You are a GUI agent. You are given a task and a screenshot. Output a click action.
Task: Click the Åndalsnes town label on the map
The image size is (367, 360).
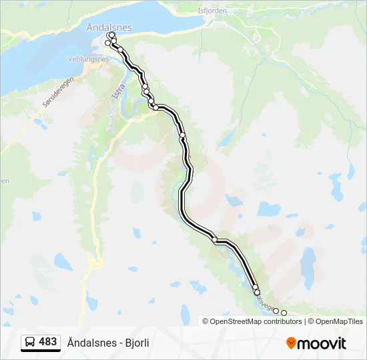(109, 27)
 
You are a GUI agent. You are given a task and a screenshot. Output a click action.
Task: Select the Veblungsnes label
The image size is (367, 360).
(88, 59)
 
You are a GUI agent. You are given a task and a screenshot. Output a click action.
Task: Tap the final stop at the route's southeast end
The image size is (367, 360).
(284, 313)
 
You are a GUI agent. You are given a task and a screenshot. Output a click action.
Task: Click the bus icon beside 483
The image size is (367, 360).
(30, 343)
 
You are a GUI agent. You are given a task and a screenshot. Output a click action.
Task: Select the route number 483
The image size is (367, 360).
(48, 342)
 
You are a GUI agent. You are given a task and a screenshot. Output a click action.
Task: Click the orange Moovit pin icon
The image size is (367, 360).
(291, 343)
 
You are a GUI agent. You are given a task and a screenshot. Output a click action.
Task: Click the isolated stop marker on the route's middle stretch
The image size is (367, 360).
(182, 135)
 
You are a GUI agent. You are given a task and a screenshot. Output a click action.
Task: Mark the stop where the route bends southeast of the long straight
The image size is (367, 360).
(215, 239)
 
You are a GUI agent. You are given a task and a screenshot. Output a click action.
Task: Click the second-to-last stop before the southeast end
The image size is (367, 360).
(276, 310)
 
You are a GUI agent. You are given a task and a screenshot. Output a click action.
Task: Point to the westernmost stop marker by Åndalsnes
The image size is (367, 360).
(107, 43)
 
